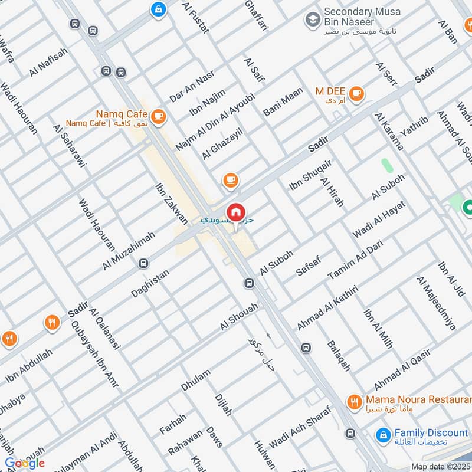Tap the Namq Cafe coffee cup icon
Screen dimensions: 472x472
(x=158, y=117)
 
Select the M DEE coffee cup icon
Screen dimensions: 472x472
(x=356, y=93)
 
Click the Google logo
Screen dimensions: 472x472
(x=25, y=463)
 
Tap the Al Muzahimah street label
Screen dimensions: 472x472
(x=129, y=251)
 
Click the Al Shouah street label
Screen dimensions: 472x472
(x=239, y=317)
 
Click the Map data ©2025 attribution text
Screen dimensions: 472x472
(x=441, y=466)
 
